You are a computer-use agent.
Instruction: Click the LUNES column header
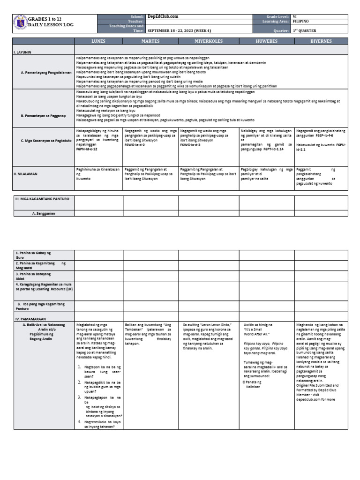click(x=98, y=41)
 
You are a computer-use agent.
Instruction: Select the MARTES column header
click(x=150, y=41)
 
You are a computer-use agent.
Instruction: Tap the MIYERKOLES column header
click(x=208, y=41)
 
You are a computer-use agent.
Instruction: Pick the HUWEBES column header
click(x=266, y=41)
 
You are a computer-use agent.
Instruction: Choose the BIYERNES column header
click(x=321, y=41)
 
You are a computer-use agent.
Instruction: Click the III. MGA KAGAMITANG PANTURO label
click(x=42, y=199)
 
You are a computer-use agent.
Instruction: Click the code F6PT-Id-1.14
click(x=273, y=149)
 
